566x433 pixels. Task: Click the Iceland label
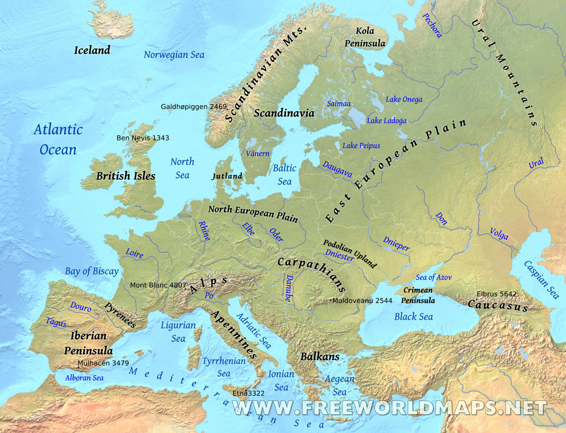(x=92, y=50)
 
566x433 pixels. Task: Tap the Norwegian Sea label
(x=174, y=55)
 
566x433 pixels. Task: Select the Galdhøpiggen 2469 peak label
(x=194, y=107)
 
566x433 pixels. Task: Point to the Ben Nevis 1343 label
(x=143, y=138)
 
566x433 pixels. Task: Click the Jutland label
(x=227, y=176)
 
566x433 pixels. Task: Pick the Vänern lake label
(x=257, y=154)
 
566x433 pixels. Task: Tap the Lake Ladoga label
(x=387, y=121)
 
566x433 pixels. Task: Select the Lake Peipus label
(x=361, y=146)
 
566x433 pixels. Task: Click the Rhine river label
(x=204, y=231)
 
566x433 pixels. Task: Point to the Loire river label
(x=134, y=253)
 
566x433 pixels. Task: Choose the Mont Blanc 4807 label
(x=158, y=285)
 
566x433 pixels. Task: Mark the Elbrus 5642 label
(x=496, y=294)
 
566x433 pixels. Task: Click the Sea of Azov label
(x=433, y=277)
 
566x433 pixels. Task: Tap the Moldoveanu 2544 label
(x=362, y=301)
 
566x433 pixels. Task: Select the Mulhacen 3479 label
(x=103, y=363)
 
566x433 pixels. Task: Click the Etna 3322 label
(x=249, y=393)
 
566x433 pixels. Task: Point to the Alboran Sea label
(x=84, y=378)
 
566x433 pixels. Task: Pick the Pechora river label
(x=432, y=25)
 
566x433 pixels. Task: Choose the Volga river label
(x=499, y=234)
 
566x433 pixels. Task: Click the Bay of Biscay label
(x=92, y=271)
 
